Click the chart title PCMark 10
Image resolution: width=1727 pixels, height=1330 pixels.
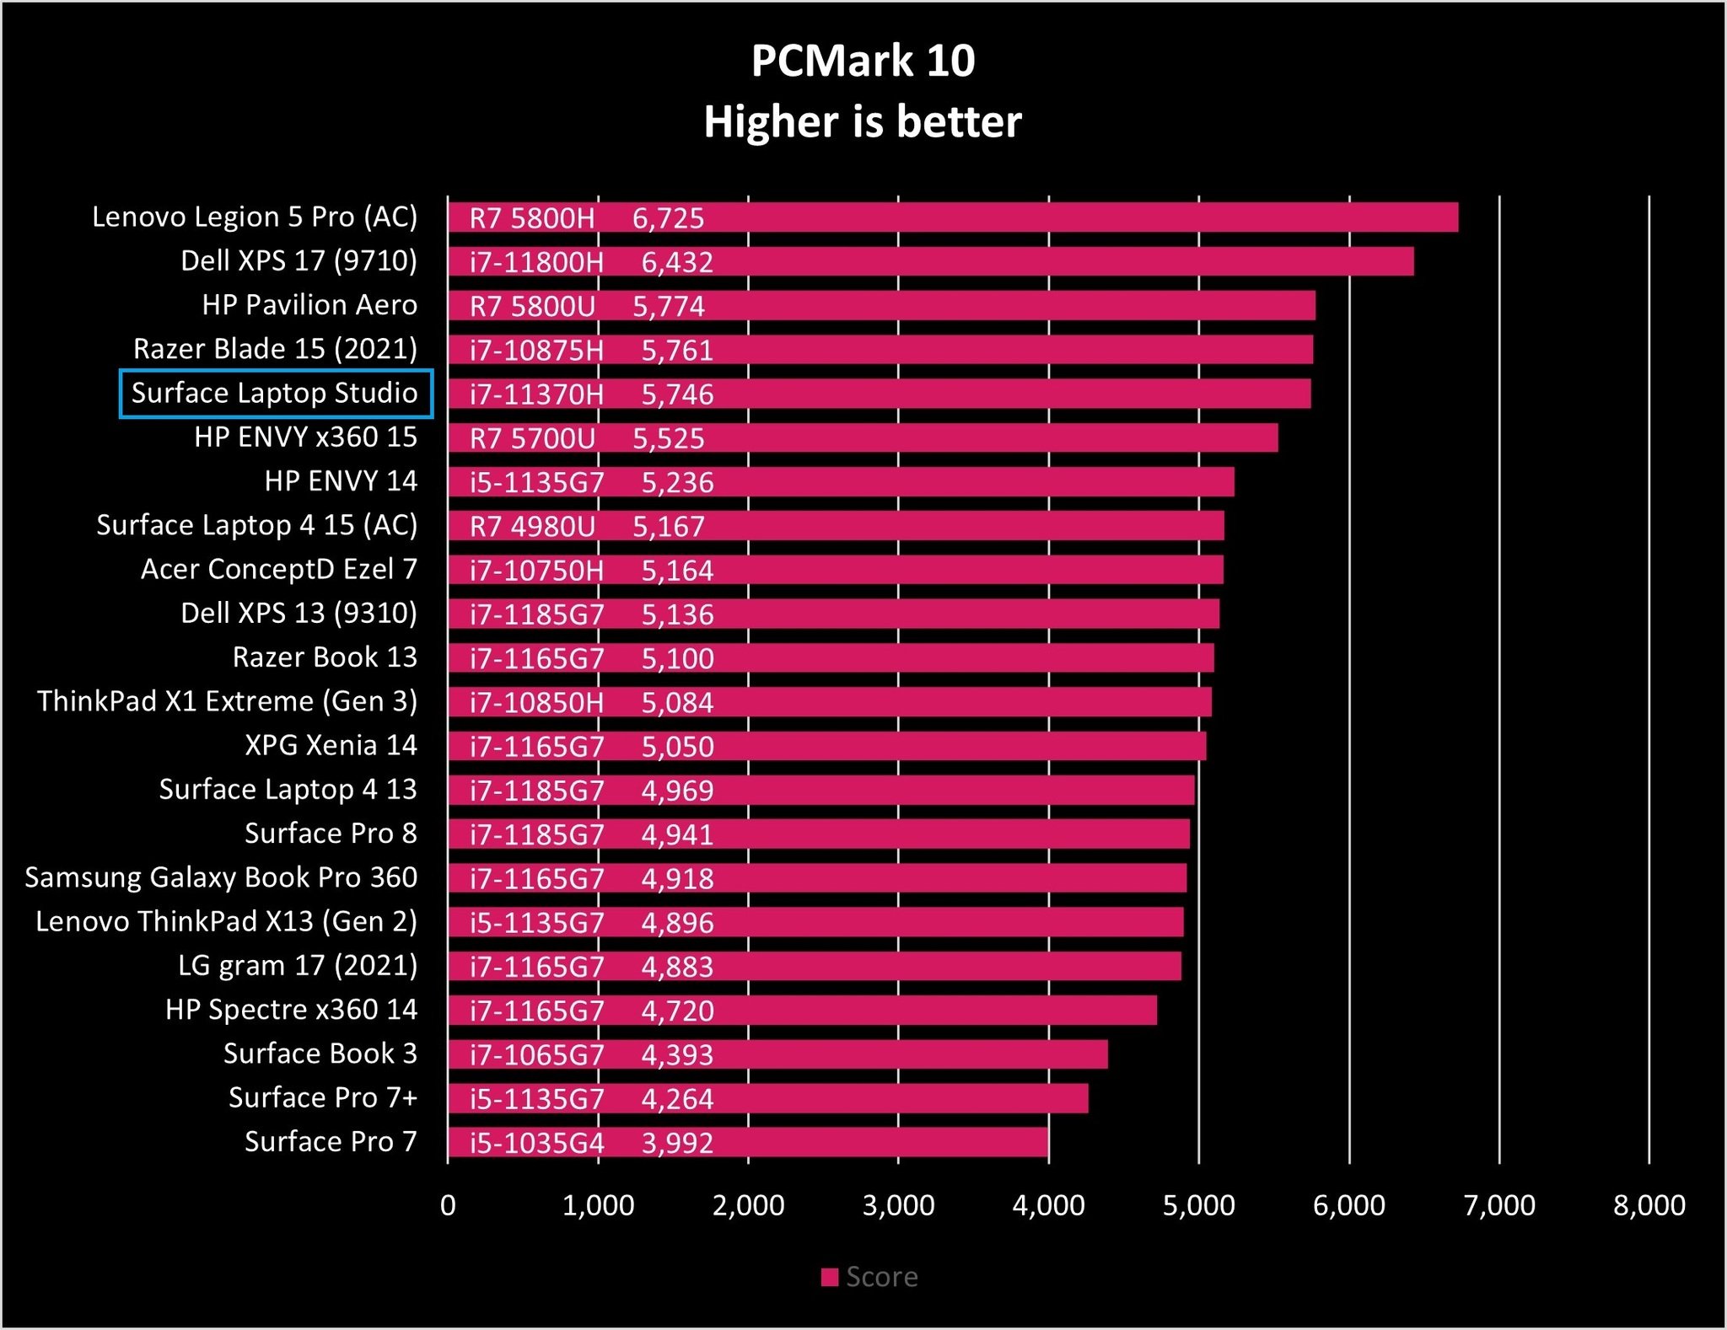(x=863, y=61)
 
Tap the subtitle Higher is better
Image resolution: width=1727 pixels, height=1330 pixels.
(x=863, y=122)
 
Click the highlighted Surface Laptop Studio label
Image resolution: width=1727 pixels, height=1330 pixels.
(x=275, y=394)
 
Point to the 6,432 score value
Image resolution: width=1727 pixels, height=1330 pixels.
(x=677, y=262)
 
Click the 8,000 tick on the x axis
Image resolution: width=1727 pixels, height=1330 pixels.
(x=1649, y=1205)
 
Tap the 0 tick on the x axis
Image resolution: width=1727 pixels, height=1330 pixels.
(x=448, y=1205)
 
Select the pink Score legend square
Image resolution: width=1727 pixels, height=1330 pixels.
(x=830, y=1278)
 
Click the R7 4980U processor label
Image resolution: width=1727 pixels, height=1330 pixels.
(x=532, y=527)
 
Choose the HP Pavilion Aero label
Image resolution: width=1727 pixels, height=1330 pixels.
(x=309, y=305)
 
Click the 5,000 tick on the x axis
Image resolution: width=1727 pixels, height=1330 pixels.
(x=1198, y=1205)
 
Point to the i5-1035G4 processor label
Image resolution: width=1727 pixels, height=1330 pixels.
(x=537, y=1143)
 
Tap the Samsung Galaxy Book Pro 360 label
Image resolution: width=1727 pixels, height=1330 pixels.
(x=221, y=877)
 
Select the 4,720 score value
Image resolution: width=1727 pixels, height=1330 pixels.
(x=677, y=1011)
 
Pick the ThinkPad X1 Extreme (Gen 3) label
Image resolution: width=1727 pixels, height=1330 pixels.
(x=227, y=701)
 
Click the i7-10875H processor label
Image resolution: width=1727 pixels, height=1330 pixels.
(x=537, y=350)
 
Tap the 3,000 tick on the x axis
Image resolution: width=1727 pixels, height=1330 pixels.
(x=898, y=1205)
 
